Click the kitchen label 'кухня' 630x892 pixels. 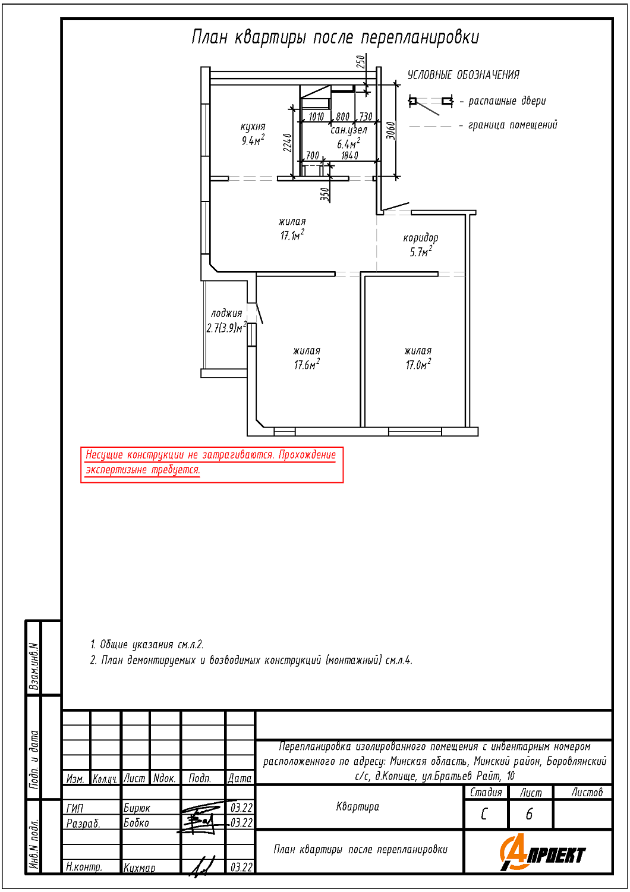253,127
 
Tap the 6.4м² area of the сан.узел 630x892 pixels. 349,143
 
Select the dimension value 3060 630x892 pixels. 391,130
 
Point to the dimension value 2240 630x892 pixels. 288,143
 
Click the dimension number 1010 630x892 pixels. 316,117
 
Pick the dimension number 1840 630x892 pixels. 350,156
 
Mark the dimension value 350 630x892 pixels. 325,194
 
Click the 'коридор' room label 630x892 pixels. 421,238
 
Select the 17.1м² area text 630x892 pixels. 292,235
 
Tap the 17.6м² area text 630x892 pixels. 307,364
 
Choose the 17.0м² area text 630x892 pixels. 418,364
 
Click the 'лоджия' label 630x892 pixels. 226,313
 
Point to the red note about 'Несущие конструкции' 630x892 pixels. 212,464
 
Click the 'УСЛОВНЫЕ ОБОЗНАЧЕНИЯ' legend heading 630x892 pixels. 464,75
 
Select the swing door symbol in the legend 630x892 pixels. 431,104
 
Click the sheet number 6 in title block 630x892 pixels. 529,814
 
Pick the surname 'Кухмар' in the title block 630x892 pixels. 139,868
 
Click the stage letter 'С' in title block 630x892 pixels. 484,814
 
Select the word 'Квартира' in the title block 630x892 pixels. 358,806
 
